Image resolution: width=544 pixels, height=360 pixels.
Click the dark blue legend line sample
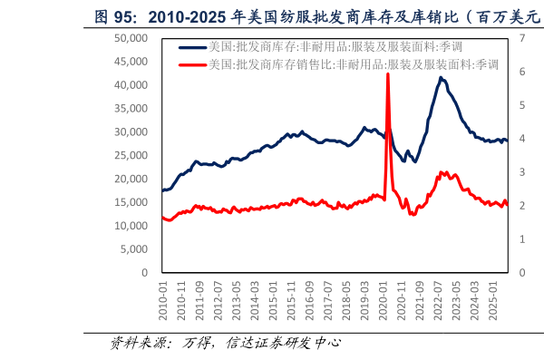pyautogui.click(x=192, y=46)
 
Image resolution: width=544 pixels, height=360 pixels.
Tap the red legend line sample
pyautogui.click(x=192, y=64)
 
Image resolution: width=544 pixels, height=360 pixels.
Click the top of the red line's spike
pyautogui.click(x=388, y=73)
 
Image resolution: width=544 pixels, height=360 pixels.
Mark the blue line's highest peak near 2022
pyautogui.click(x=441, y=77)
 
